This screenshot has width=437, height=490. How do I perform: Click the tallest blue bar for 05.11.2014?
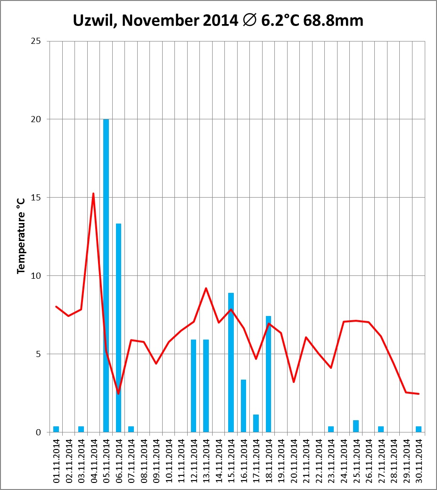[x=106, y=275]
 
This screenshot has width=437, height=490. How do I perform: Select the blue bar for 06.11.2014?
[x=118, y=328]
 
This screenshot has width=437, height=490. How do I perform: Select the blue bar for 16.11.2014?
[x=243, y=406]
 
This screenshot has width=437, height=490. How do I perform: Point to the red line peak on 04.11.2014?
[x=93, y=193]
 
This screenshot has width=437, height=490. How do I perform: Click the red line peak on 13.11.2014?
[x=206, y=288]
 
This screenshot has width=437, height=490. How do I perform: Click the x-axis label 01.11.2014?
[x=57, y=460]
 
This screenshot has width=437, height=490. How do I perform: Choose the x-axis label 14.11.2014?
[x=219, y=460]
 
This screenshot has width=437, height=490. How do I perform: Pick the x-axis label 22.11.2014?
[x=319, y=460]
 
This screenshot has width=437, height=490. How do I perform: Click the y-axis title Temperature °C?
[x=21, y=236]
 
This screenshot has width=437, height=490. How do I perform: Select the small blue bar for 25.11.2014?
[x=356, y=426]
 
